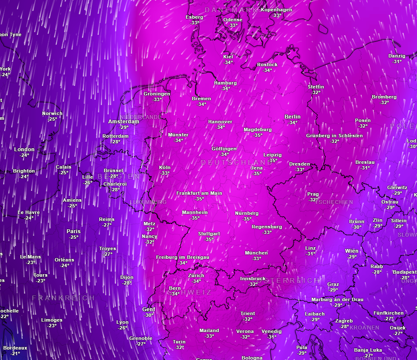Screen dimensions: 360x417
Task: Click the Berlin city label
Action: [x=292, y=117]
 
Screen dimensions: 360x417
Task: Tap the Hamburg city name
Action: [x=225, y=83]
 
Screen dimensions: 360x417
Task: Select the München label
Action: [x=256, y=253]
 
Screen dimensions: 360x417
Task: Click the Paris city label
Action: [x=73, y=231]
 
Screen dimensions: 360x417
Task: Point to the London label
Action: [x=24, y=149]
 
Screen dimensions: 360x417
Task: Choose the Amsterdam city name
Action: [x=123, y=122]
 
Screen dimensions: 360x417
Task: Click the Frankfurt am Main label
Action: [x=199, y=193]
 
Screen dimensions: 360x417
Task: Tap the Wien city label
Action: [x=352, y=251]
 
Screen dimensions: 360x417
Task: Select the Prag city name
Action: [x=313, y=194]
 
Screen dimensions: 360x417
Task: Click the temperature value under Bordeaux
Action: [x=15, y=353]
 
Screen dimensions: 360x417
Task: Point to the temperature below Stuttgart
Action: [x=209, y=239]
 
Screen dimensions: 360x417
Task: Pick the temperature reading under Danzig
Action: [x=397, y=61]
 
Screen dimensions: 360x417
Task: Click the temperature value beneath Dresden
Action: [x=300, y=170]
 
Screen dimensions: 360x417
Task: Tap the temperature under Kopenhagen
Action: [x=277, y=15]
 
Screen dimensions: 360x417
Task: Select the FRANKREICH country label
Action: [x=63, y=298]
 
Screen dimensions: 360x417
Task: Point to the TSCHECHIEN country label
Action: [x=334, y=202]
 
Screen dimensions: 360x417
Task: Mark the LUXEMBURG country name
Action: [x=148, y=202]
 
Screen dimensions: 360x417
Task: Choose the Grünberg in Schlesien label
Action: [x=334, y=136]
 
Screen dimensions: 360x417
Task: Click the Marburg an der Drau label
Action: [x=337, y=300]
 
